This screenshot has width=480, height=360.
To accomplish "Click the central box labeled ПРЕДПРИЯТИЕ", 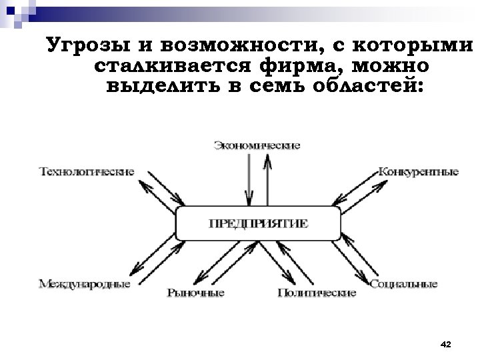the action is [258, 224].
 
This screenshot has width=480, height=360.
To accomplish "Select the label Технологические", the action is [87, 171].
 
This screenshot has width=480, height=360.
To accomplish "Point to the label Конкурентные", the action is [418, 171].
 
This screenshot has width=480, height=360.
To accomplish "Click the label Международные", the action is [84, 285].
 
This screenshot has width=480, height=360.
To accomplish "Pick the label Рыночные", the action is [195, 293].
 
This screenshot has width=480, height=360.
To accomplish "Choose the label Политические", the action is [317, 293].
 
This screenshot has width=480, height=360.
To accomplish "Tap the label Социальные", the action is [403, 285].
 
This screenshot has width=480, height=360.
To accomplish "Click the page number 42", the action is [446, 344].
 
